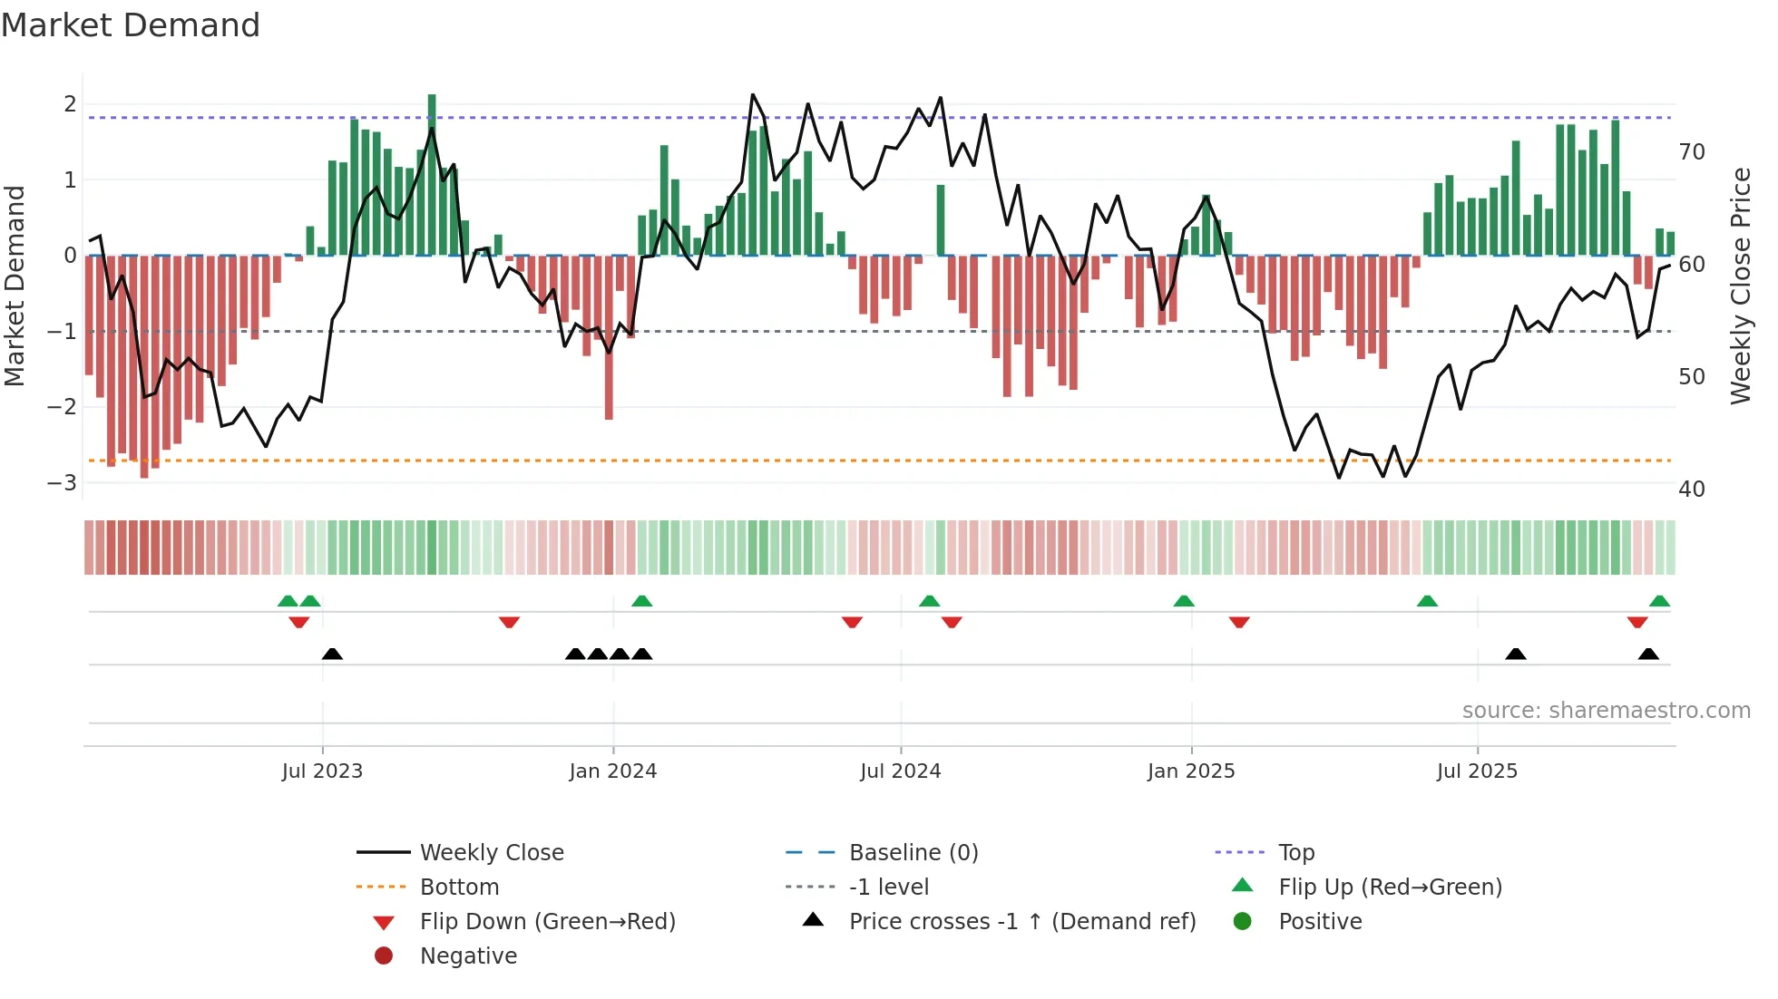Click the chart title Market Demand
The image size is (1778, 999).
click(x=131, y=25)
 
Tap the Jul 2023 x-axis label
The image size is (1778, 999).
click(x=322, y=771)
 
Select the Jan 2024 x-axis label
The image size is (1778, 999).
click(x=612, y=771)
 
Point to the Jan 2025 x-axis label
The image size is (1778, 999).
click(x=1190, y=771)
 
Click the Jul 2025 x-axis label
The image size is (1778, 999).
click(x=1477, y=771)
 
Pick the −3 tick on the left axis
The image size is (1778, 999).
click(x=63, y=482)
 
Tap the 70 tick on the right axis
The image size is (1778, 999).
click(x=1691, y=152)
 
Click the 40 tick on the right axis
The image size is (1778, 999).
click(x=1691, y=490)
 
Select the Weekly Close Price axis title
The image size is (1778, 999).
click(x=1740, y=286)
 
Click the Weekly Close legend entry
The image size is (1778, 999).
click(x=491, y=853)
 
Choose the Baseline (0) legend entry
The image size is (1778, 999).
click(x=913, y=853)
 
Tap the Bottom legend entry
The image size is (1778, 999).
click(x=459, y=887)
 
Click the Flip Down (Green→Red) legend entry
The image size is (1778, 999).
click(x=547, y=922)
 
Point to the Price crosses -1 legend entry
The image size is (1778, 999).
click(x=1021, y=922)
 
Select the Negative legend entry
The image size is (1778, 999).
click(x=468, y=956)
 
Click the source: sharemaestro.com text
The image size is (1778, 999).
click(x=1606, y=711)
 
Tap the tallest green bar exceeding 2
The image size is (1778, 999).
click(x=432, y=172)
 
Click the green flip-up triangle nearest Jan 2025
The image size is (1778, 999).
click(x=1184, y=601)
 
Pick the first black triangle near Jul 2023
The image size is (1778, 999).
click(x=332, y=654)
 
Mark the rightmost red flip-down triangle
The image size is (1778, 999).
click(x=1637, y=623)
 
